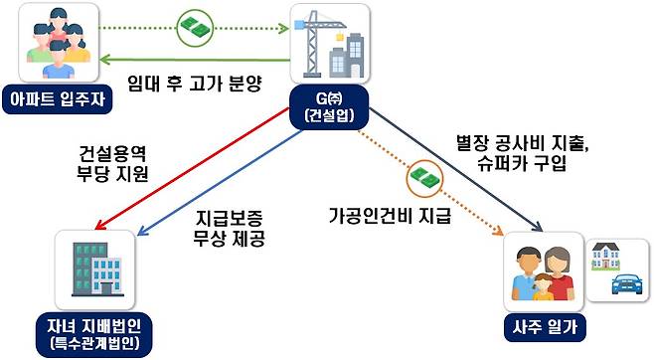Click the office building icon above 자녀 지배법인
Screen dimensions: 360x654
coord(94,270)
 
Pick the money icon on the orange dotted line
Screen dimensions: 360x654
coord(421,179)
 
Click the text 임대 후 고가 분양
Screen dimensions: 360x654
coord(195,84)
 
